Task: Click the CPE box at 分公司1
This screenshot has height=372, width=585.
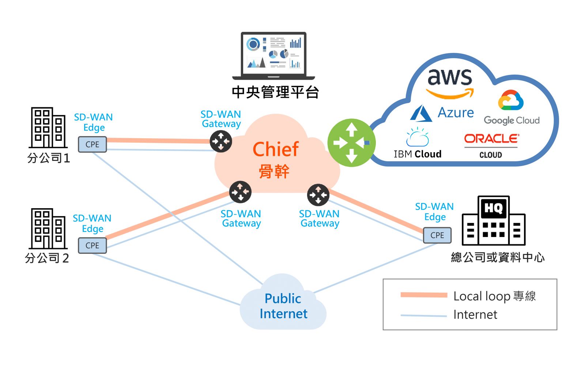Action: (x=92, y=144)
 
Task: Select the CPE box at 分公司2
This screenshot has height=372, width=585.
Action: (x=92, y=245)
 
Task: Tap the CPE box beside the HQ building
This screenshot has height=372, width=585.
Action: (x=437, y=235)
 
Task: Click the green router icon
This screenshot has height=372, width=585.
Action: (x=351, y=143)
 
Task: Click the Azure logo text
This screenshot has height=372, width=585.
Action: (x=456, y=113)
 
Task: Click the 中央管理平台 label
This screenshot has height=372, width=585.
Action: (x=275, y=92)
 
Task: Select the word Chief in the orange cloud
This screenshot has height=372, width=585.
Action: (x=276, y=149)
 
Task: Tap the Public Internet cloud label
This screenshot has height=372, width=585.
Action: (x=283, y=306)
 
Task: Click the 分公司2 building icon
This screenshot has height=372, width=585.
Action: (x=48, y=229)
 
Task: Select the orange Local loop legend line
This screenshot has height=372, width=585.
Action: (x=424, y=295)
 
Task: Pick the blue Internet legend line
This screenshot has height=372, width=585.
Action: (x=424, y=315)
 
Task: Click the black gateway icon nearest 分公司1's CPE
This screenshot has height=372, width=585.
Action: (x=221, y=141)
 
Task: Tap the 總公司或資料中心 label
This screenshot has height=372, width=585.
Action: (x=498, y=258)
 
